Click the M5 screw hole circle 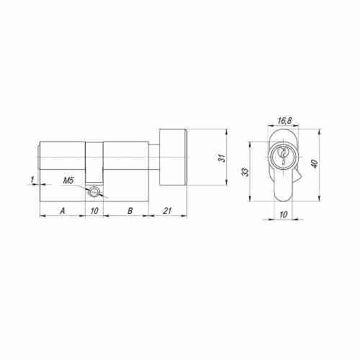pyautogui.click(x=92, y=192)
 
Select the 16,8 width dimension pyautogui.click(x=284, y=122)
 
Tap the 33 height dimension pyautogui.click(x=246, y=171)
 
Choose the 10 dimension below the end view pyautogui.click(x=283, y=215)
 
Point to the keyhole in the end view pyautogui.click(x=283, y=155)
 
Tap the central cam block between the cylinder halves pyautogui.click(x=94, y=162)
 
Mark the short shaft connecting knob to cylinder pyautogui.click(x=153, y=157)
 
